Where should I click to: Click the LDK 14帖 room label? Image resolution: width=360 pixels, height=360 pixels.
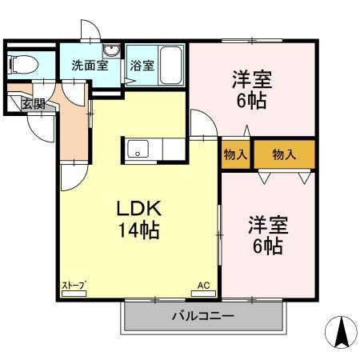point(140,219)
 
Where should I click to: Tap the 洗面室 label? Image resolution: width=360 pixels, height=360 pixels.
point(89,66)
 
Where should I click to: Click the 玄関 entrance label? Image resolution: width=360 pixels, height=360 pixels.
point(33,103)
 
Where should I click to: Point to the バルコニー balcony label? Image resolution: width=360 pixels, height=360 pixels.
point(203,317)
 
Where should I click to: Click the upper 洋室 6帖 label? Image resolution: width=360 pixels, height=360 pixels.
point(252,90)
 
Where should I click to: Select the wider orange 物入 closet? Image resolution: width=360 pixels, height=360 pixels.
point(284,154)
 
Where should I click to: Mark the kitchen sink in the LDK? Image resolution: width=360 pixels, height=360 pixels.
point(136,149)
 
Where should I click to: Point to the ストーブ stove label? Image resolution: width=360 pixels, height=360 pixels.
point(74,285)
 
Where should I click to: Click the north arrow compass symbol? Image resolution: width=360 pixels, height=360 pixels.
point(339,330)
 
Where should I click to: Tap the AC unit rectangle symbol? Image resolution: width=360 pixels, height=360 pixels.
point(202,293)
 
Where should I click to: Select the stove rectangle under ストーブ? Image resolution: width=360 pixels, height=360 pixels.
point(74,293)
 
